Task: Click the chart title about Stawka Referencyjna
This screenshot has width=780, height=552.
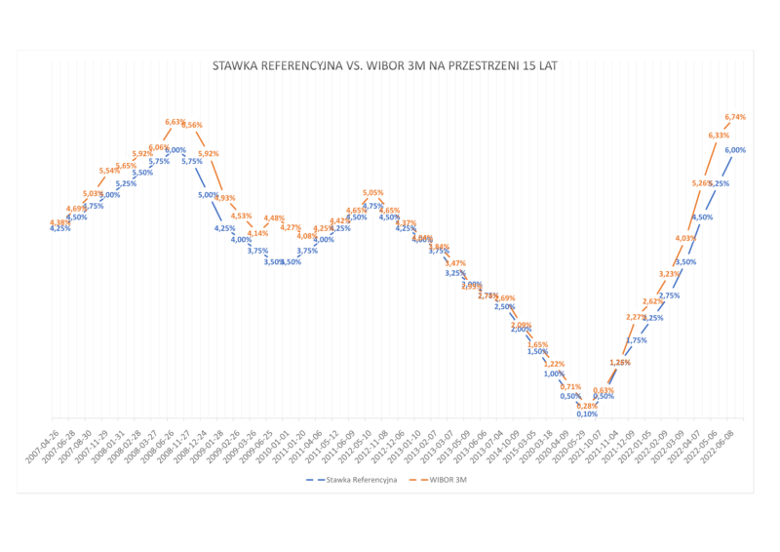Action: coord(389,67)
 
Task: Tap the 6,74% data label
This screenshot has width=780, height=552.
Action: coord(737,117)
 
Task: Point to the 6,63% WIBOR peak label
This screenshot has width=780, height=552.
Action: coord(175,122)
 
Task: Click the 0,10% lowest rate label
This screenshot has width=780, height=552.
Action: coord(586,414)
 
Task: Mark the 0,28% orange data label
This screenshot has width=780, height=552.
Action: coord(586,405)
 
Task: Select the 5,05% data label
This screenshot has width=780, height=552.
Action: coord(372,193)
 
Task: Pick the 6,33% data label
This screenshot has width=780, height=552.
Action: coord(719,136)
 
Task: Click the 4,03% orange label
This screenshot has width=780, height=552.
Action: coord(685,238)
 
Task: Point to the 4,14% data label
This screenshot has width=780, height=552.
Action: coord(257,233)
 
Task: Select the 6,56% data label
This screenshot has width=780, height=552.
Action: coord(192,125)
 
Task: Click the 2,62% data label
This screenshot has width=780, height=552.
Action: coord(652,301)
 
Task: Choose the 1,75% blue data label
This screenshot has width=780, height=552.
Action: coord(636,340)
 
